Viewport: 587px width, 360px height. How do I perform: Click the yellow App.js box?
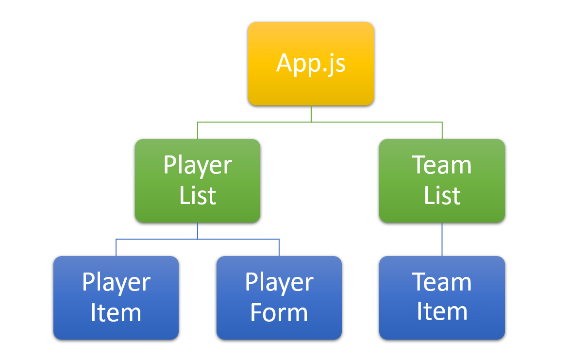pyautogui.click(x=311, y=64)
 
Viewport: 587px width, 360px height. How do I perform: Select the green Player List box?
pyautogui.click(x=198, y=181)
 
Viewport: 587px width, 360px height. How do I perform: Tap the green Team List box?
pyautogui.click(x=442, y=181)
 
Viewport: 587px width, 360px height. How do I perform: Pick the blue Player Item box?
pyautogui.click(x=116, y=297)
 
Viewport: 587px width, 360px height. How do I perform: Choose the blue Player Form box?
pyautogui.click(x=279, y=297)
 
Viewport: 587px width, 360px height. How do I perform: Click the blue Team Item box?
pyautogui.click(x=442, y=297)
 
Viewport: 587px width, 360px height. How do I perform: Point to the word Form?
pyautogui.click(x=279, y=312)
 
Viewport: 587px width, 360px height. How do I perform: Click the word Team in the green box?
pyautogui.click(x=442, y=165)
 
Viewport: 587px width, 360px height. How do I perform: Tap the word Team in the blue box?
pyautogui.click(x=442, y=282)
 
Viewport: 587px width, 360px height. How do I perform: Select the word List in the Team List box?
pyautogui.click(x=442, y=195)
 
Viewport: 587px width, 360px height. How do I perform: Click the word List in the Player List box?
pyautogui.click(x=198, y=195)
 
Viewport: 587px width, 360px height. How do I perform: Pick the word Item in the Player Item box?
pyautogui.click(x=116, y=312)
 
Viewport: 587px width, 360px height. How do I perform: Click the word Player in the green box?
pyautogui.click(x=198, y=166)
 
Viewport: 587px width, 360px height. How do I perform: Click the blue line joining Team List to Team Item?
pyautogui.click(x=442, y=240)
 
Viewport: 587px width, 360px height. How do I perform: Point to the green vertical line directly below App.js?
pyautogui.click(x=311, y=114)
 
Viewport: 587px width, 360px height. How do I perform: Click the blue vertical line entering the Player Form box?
pyautogui.click(x=279, y=248)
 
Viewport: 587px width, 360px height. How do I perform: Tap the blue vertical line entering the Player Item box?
pyautogui.click(x=116, y=248)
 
